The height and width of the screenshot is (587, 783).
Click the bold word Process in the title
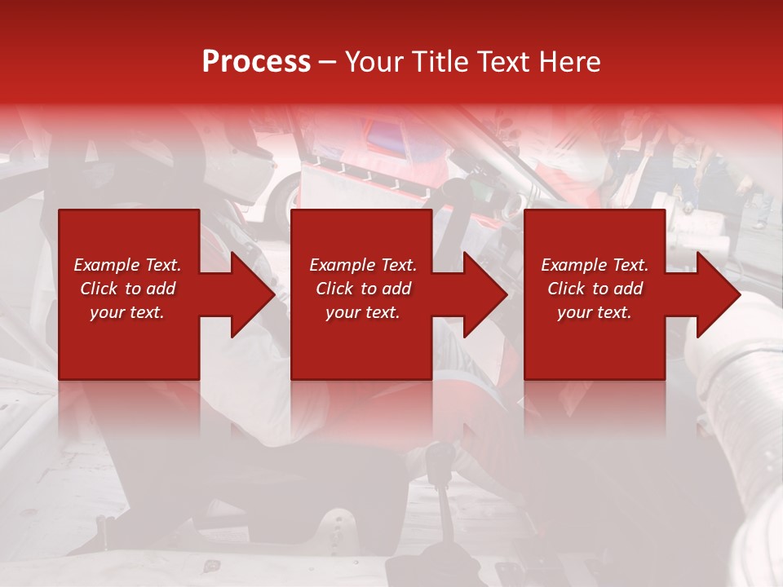pos(256,62)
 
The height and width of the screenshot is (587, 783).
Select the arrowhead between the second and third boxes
pos(484,294)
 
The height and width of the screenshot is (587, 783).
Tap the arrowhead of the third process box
pos(717,294)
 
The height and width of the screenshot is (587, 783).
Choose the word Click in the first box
pos(100,289)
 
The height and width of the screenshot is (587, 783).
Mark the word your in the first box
pos(107,312)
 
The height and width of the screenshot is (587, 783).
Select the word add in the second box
pos(396,289)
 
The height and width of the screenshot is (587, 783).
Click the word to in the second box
pos(369,289)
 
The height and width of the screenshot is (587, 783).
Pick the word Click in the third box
pos(567,289)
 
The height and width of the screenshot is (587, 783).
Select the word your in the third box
pos(574,312)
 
